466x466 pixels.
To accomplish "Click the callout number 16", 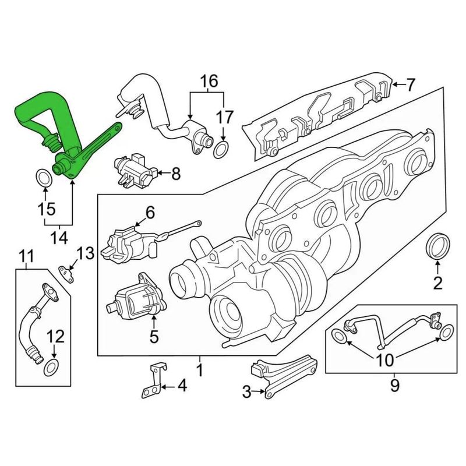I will click(208, 80).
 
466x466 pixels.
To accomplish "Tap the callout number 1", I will click(199, 370).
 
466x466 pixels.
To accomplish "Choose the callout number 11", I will click(25, 255).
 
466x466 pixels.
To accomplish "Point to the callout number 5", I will click(154, 336).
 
